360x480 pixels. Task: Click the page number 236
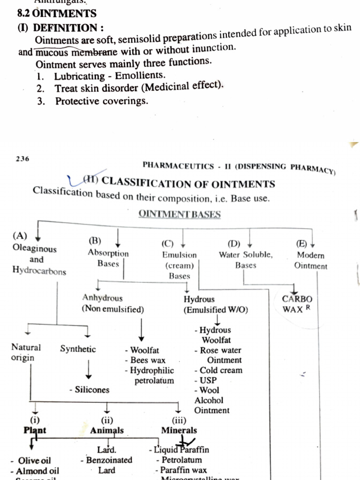(x=22, y=158)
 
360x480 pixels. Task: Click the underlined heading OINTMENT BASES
(x=179, y=214)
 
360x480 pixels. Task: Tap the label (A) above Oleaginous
(x=20, y=236)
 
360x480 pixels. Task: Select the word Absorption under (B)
(x=108, y=253)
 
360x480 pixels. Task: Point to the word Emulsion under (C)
(x=180, y=255)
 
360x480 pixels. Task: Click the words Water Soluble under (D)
(x=246, y=255)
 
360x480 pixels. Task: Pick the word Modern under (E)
(x=310, y=255)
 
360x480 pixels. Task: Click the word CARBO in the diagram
(x=297, y=299)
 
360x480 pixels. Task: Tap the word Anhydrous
(x=102, y=298)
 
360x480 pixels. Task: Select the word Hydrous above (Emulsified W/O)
(x=199, y=300)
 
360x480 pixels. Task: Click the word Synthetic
(x=78, y=349)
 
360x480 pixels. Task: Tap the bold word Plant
(x=35, y=430)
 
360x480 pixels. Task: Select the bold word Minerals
(x=179, y=430)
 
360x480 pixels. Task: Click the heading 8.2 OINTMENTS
(x=57, y=14)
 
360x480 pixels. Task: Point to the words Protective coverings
(x=101, y=101)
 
